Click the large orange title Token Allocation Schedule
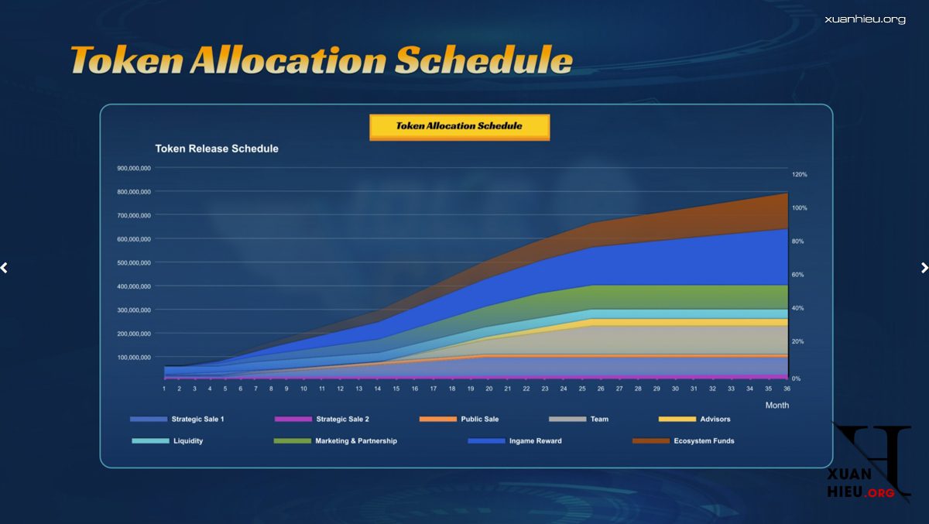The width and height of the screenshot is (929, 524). [321, 60]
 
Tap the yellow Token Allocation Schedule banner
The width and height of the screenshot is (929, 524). [459, 126]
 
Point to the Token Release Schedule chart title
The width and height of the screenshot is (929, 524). [217, 149]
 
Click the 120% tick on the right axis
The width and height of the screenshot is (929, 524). [800, 175]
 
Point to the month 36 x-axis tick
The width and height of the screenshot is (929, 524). [787, 389]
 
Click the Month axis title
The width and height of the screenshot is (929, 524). [777, 405]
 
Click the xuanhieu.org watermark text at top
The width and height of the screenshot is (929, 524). [865, 19]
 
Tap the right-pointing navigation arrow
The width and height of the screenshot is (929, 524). [924, 268]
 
